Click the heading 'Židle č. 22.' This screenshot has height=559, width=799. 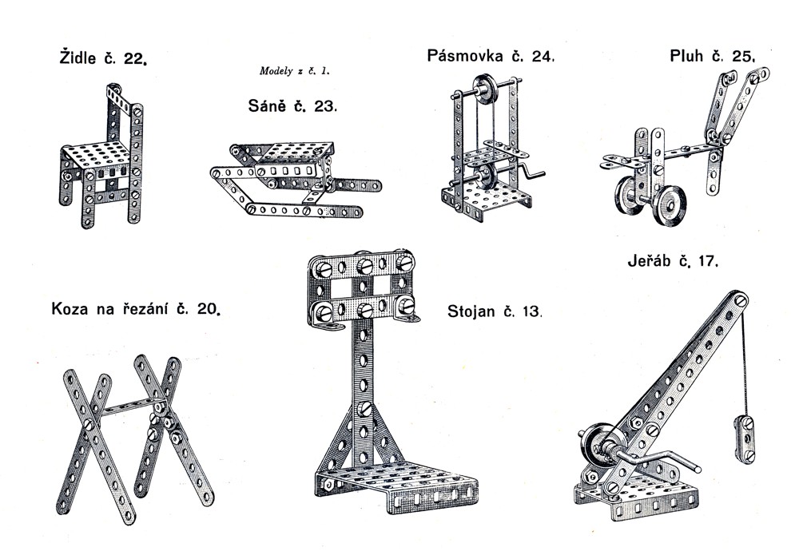(103, 58)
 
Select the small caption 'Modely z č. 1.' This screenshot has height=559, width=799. (294, 71)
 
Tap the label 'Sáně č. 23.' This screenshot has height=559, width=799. (292, 105)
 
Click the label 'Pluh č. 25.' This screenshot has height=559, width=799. (712, 56)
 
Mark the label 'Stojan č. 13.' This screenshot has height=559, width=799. (495, 311)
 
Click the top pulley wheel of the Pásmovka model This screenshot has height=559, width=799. (484, 89)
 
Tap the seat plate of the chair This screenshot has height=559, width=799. (97, 153)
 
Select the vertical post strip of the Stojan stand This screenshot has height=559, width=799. (364, 383)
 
